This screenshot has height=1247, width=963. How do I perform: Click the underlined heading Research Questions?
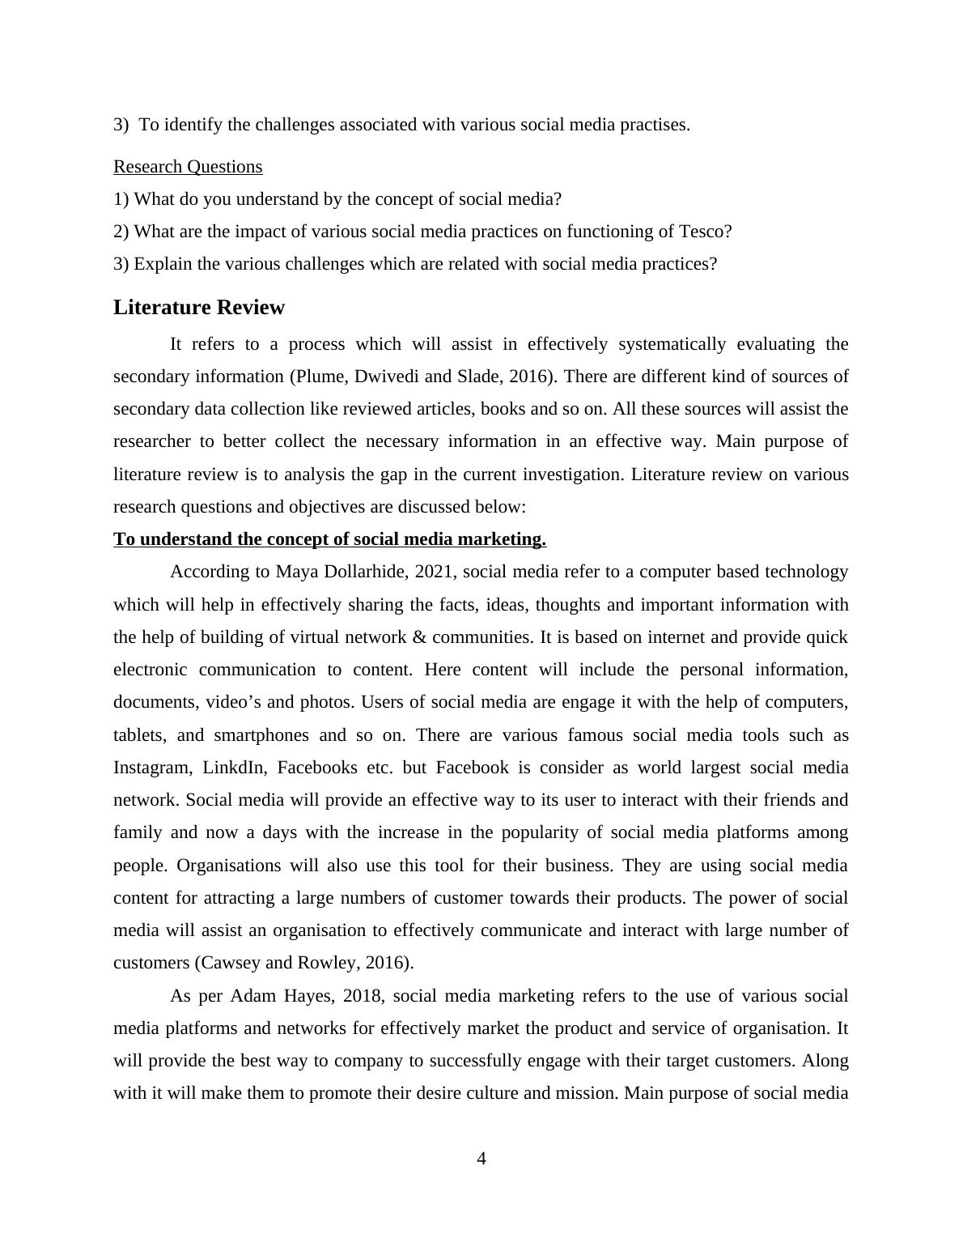(x=188, y=167)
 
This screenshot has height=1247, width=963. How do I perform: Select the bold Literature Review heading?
(x=199, y=308)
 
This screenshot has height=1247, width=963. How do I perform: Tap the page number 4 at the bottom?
(x=481, y=1159)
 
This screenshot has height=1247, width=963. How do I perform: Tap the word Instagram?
(x=151, y=768)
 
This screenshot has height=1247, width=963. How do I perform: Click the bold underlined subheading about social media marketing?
(x=329, y=539)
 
